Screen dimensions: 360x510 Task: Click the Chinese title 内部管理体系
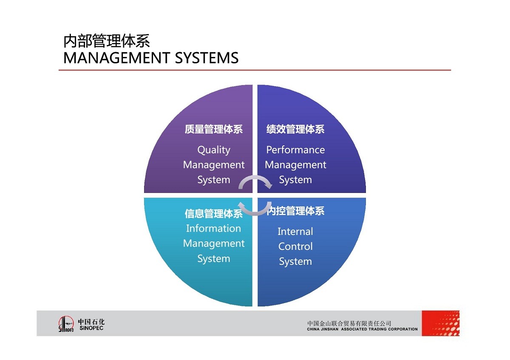pos(106,42)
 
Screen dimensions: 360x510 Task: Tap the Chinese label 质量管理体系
pos(213,129)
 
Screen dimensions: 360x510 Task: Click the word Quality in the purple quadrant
pos(213,150)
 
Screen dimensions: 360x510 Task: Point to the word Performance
pos(295,150)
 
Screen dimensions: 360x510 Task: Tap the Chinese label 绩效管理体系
pos(295,129)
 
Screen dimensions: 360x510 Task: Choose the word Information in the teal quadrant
pos(213,229)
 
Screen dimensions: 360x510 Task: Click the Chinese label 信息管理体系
pos(213,213)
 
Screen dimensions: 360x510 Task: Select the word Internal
pos(295,232)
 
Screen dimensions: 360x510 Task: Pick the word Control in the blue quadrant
pos(295,247)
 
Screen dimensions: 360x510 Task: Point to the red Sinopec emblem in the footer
pos(66,324)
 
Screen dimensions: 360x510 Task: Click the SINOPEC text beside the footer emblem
pos(91,328)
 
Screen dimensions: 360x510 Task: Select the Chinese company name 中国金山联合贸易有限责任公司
pos(349,323)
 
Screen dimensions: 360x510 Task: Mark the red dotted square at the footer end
pos(440,323)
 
